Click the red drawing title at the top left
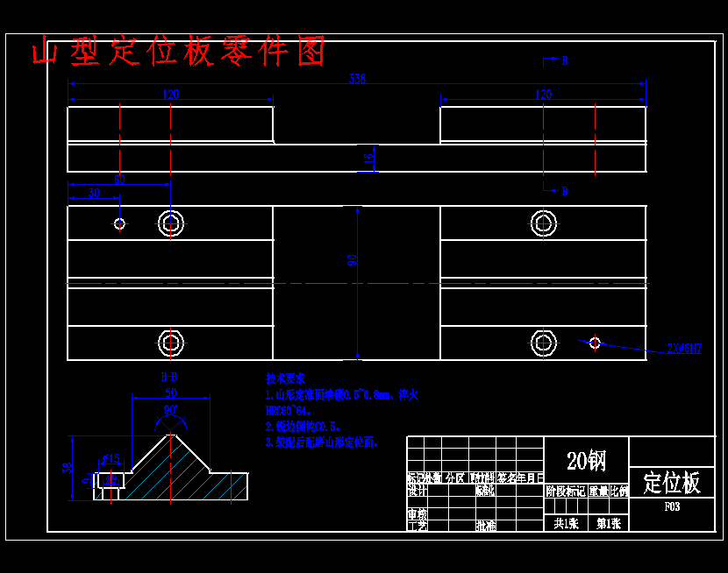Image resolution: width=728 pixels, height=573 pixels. [179, 53]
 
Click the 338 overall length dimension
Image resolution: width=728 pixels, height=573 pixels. [357, 79]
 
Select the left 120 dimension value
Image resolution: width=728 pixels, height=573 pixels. [170, 95]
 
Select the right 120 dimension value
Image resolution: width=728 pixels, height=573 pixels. [543, 95]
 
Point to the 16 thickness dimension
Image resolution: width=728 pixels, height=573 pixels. [369, 158]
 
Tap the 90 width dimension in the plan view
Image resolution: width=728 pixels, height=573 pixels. [352, 259]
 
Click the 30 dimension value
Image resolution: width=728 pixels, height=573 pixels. [94, 193]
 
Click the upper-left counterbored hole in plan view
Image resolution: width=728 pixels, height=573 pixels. [170, 223]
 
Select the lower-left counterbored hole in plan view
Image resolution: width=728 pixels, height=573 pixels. [170, 343]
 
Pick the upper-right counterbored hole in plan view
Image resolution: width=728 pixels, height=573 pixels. [544, 223]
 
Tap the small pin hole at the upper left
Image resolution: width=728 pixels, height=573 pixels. [119, 223]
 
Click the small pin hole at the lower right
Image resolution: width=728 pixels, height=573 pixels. [595, 343]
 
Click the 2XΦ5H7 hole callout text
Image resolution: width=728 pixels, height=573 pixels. [684, 349]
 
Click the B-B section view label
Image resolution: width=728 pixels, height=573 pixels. [169, 378]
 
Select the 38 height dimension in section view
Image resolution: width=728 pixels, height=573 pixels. [66, 467]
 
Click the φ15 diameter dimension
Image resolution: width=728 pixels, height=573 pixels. [111, 457]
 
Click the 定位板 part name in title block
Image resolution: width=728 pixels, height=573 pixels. [672, 482]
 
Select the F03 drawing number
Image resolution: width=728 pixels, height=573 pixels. [672, 506]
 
